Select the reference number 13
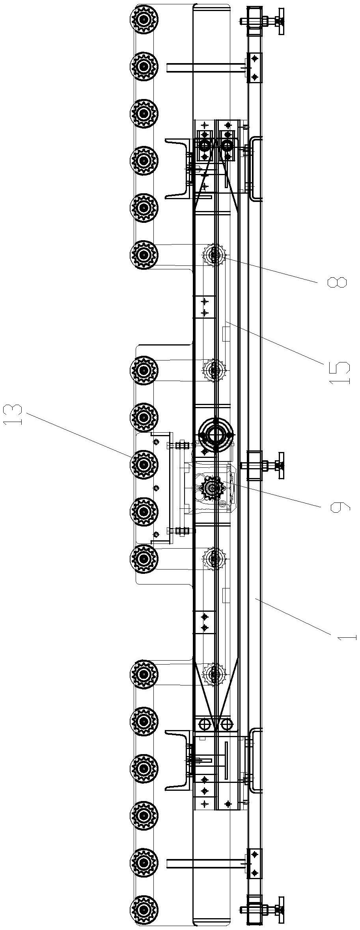pos(14,415)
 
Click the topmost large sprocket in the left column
pos(144,19)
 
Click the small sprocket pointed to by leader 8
pos(215,256)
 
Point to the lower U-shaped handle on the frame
pos(255,762)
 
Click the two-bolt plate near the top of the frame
pos(254,67)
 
